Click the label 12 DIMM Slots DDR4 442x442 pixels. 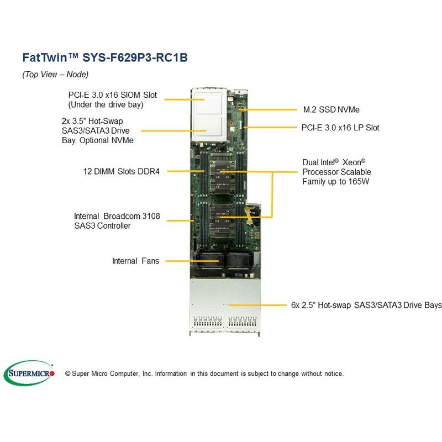coord(119,171)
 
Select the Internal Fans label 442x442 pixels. coord(135,261)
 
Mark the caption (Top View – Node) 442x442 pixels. coord(55,74)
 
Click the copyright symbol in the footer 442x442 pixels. coord(68,374)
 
